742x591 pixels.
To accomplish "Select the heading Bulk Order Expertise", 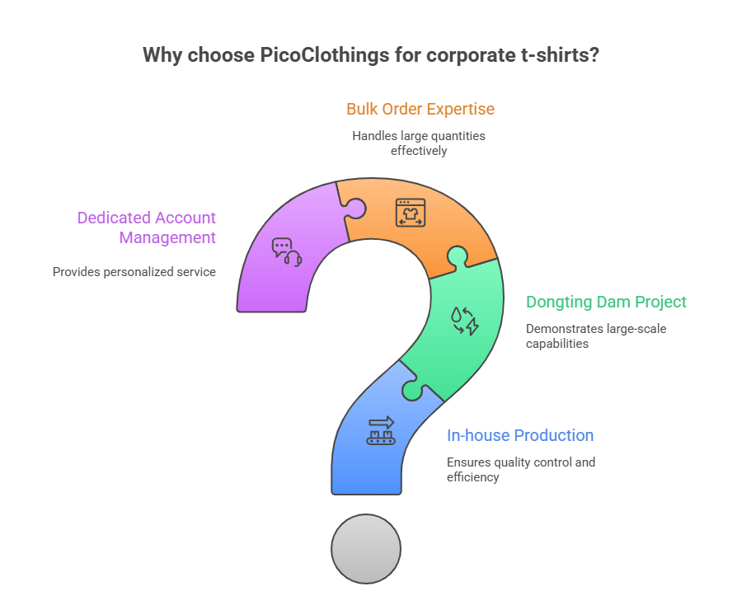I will pyautogui.click(x=420, y=109).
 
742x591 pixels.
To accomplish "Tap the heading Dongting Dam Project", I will pyautogui.click(x=606, y=302).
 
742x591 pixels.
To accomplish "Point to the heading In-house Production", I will pyautogui.click(x=520, y=435).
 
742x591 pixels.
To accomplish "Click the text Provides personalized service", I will pyautogui.click(x=134, y=271).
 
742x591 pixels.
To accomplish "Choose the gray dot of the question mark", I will pyautogui.click(x=366, y=548).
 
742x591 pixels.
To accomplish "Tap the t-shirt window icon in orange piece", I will pyautogui.click(x=410, y=213).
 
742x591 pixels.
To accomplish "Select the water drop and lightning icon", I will pyautogui.click(x=463, y=321).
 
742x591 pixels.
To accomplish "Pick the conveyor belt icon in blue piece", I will pyautogui.click(x=380, y=429).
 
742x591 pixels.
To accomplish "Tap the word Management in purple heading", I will pyautogui.click(x=167, y=237).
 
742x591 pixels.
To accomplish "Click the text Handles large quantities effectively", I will pyautogui.click(x=419, y=143).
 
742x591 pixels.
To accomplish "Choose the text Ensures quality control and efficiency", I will pyautogui.click(x=520, y=469).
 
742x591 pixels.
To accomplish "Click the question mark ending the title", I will pyautogui.click(x=594, y=55).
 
